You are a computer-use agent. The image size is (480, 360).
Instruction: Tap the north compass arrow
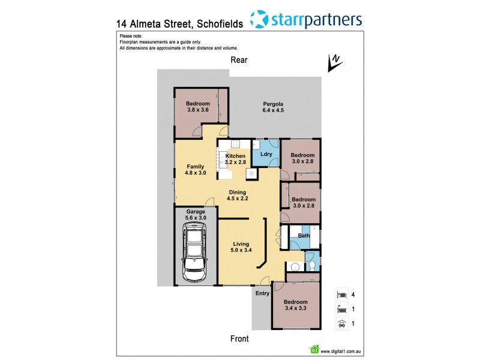[x=333, y=62]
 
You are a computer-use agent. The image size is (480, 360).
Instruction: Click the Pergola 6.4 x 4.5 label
[x=272, y=106]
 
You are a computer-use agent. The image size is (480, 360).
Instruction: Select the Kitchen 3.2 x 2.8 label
[x=236, y=158]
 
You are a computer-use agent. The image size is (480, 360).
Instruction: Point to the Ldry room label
[x=266, y=154]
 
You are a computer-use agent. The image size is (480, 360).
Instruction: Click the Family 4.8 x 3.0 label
[x=196, y=170]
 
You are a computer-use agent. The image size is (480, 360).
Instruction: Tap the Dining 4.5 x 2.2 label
[x=237, y=195]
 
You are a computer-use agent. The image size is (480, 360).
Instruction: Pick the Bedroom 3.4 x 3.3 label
[x=295, y=305]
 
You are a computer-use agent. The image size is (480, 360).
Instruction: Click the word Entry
[x=262, y=293]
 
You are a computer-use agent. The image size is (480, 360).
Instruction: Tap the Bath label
[x=304, y=235]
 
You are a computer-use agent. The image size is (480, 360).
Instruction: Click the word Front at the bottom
[x=239, y=338]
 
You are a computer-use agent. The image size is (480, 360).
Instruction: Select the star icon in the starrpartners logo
[x=259, y=19]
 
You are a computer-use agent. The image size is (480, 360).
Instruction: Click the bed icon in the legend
[x=340, y=294]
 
